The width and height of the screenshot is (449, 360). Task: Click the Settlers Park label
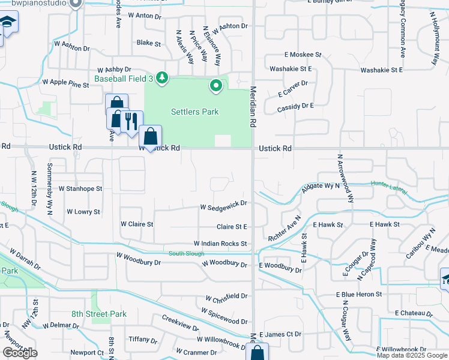pos(194,112)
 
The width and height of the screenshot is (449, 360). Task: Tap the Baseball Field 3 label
pos(124,78)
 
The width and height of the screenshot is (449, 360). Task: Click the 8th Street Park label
pos(99,314)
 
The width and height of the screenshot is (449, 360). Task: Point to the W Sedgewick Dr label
pos(223,204)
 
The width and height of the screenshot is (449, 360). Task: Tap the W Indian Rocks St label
pos(220,244)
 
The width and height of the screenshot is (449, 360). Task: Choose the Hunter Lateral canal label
pos(389,187)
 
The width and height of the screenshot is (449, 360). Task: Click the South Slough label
pos(186,253)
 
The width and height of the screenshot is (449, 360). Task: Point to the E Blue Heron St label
pos(358,294)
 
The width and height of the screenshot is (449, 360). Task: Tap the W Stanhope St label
pos(79,188)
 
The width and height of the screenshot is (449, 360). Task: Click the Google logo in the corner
pos(20,353)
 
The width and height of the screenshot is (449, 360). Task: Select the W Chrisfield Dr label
pos(226,297)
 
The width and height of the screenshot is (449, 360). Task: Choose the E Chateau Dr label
pos(414,313)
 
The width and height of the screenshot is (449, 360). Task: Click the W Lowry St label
pos(83,212)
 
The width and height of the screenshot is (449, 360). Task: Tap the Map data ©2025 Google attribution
pos(412,355)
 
